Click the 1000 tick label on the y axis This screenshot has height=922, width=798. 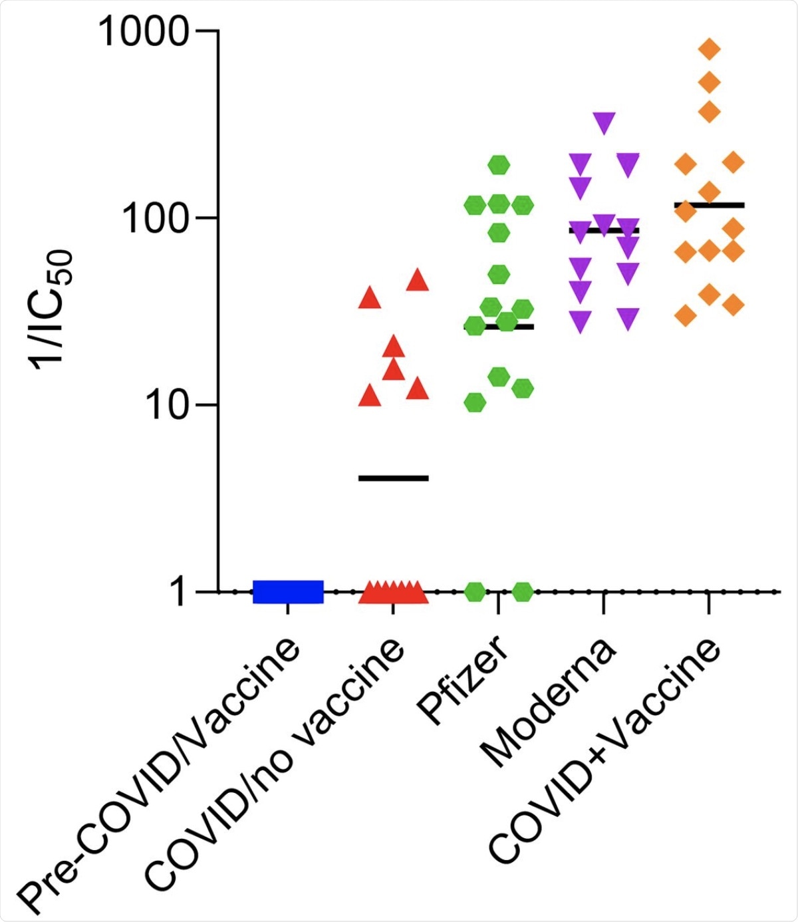click(144, 31)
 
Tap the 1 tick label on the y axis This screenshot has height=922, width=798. click(179, 592)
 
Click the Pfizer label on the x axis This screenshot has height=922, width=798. click(464, 679)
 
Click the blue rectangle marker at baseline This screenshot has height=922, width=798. click(288, 591)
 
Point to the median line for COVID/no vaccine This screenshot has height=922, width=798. click(394, 478)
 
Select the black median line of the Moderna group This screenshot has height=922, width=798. click(603, 230)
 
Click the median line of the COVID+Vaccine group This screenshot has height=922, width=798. click(709, 205)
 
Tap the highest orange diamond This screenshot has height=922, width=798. click(710, 49)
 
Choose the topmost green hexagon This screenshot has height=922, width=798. click(499, 165)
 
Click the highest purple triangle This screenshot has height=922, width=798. click(604, 122)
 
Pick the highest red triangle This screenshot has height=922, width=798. click(418, 280)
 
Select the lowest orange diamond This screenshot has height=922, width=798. click(686, 315)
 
